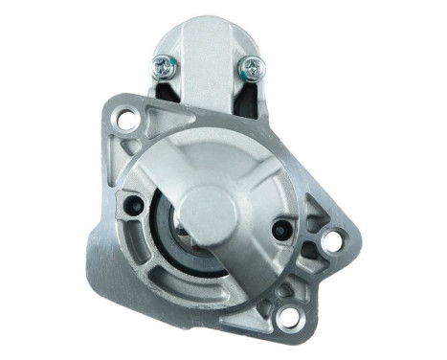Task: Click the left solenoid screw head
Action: point(165,66)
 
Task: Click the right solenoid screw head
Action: point(253,67)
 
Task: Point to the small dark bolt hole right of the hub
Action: point(280,230)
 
